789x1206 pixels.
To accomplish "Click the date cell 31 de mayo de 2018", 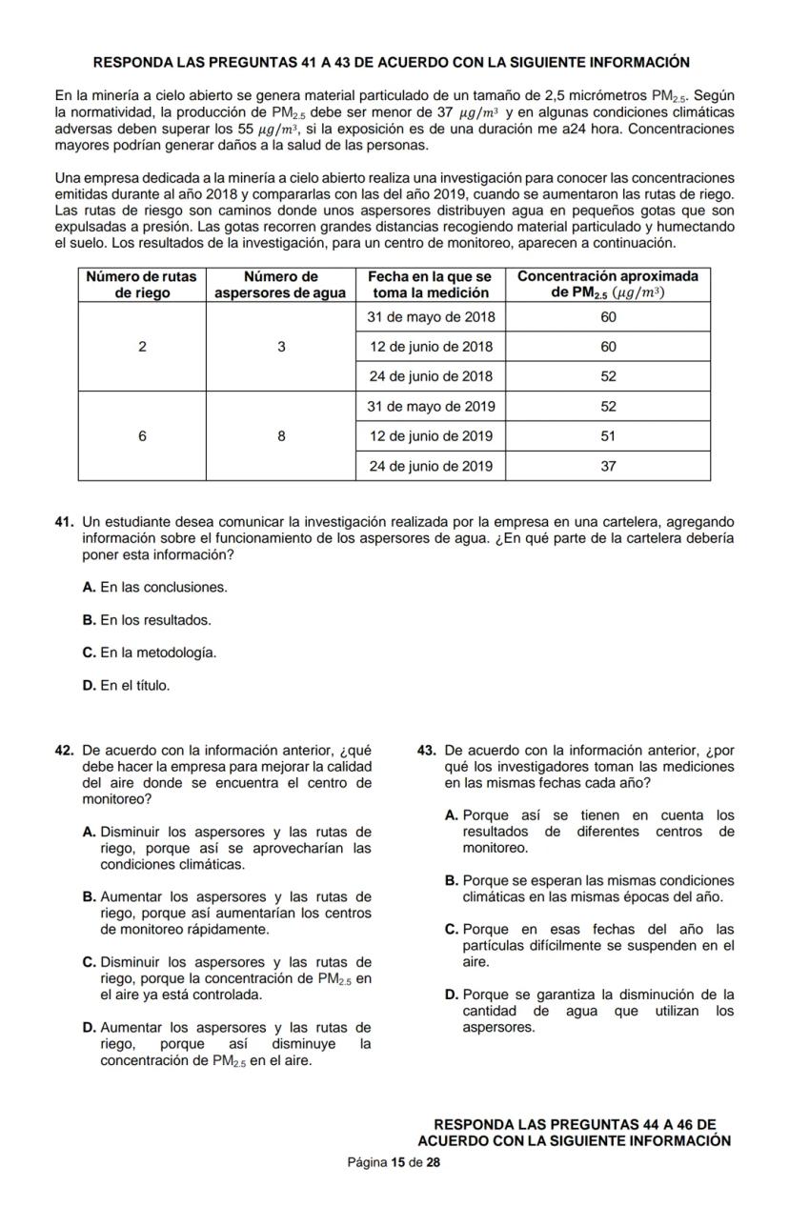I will [x=431, y=316].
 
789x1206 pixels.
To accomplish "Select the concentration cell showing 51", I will [x=608, y=436].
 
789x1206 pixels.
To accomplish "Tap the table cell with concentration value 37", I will [x=608, y=466].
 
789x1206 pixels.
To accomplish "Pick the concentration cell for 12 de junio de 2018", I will [x=608, y=347].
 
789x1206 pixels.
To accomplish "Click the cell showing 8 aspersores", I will [x=281, y=436].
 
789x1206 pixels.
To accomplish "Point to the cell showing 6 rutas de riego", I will [x=142, y=436].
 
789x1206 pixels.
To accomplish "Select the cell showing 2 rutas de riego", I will [x=142, y=347].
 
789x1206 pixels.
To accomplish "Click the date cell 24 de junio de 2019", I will [x=431, y=466].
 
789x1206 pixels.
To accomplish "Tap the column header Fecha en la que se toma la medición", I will [x=431, y=285].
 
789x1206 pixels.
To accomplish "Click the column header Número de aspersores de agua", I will [x=280, y=285].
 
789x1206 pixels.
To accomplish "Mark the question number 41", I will [x=65, y=522].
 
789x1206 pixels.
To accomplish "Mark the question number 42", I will [x=65, y=751].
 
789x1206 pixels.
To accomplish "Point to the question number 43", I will [x=427, y=751].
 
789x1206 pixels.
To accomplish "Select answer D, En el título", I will [x=127, y=685].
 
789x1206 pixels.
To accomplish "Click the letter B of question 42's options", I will [x=90, y=896].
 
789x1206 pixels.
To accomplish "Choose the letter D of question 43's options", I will [x=452, y=995].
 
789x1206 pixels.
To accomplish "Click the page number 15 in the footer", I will [x=397, y=1162].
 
